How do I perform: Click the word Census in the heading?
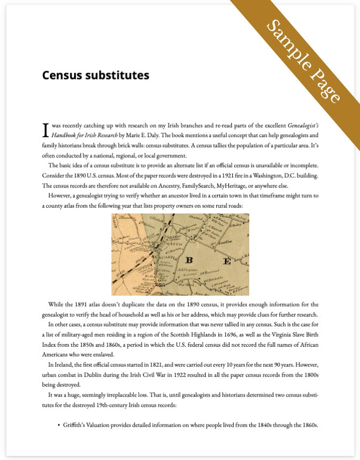tap(61, 76)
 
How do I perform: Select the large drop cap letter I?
tap(45, 130)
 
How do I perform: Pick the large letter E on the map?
tap(226, 261)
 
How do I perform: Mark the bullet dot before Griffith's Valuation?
tap(59, 425)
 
